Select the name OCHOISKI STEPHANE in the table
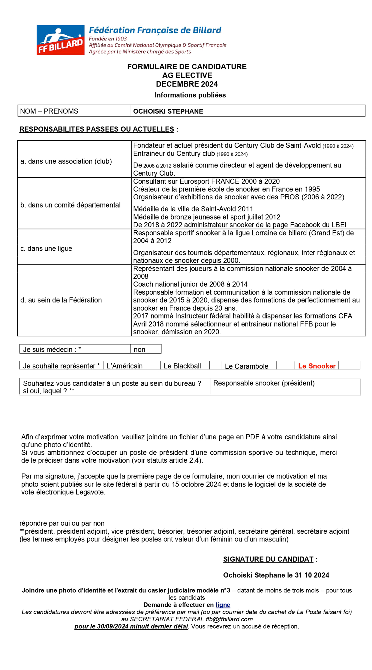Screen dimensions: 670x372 168,111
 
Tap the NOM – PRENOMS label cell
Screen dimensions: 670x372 49,111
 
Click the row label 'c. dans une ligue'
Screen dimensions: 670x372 46,248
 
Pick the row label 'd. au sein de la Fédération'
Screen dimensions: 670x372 61,300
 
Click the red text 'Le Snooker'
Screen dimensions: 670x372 316,366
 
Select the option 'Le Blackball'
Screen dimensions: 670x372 182,366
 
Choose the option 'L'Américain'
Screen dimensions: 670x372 124,366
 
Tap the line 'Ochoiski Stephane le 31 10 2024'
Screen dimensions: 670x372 276,575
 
